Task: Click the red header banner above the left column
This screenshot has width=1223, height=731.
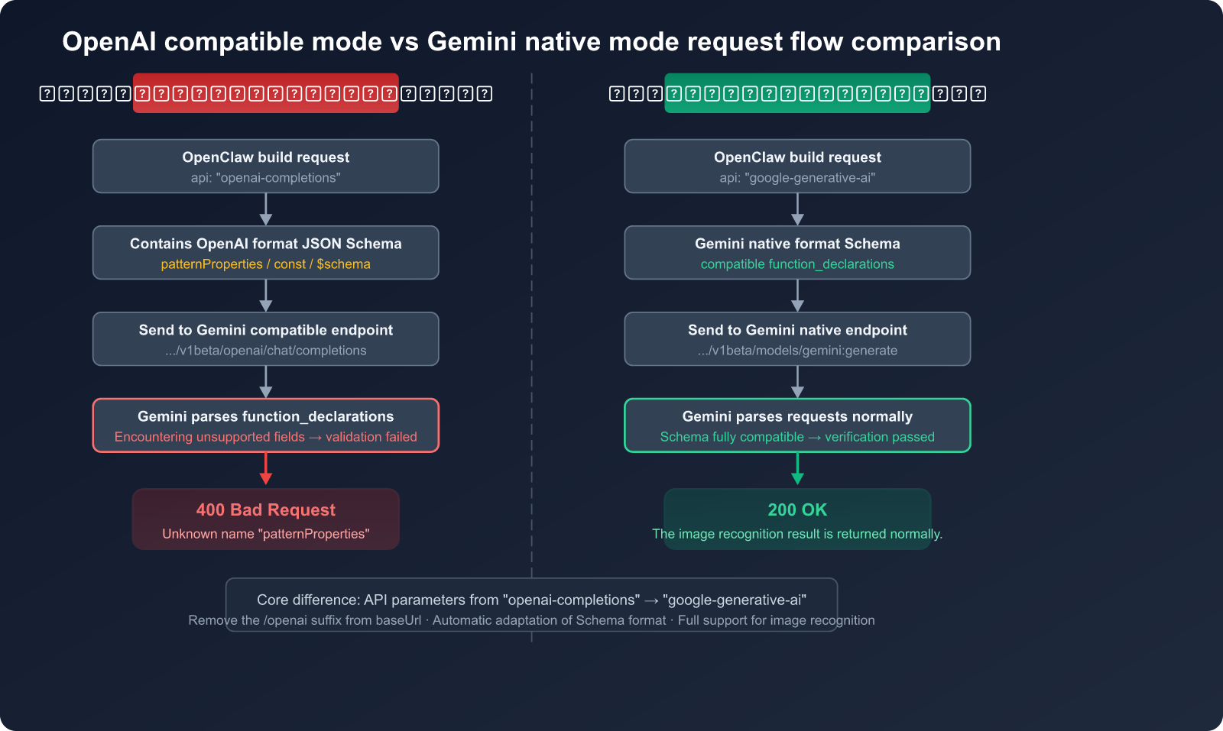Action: (265, 93)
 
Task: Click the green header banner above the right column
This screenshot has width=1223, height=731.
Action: (797, 93)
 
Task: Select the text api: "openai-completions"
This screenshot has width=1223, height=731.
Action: (265, 178)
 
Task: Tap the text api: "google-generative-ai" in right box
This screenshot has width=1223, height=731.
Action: (797, 178)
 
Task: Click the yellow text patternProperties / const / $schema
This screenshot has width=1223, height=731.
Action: (265, 264)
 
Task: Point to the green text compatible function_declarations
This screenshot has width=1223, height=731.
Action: (797, 264)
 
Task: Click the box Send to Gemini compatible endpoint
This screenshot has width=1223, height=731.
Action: (265, 338)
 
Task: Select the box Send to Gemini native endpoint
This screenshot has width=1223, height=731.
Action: (797, 338)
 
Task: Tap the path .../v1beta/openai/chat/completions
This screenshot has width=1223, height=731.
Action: (265, 351)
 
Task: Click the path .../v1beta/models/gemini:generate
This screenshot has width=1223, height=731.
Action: (797, 351)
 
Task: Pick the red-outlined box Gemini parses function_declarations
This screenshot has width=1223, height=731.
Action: (265, 425)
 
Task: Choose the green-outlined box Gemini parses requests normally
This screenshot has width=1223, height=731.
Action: (797, 425)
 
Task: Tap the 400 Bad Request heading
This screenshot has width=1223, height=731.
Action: (265, 510)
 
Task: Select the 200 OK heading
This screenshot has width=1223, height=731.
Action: (797, 510)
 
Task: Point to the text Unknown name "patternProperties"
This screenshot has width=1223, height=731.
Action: (265, 534)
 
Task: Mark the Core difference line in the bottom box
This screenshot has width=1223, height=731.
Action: (531, 600)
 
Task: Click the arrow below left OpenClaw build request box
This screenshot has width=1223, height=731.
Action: (265, 209)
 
